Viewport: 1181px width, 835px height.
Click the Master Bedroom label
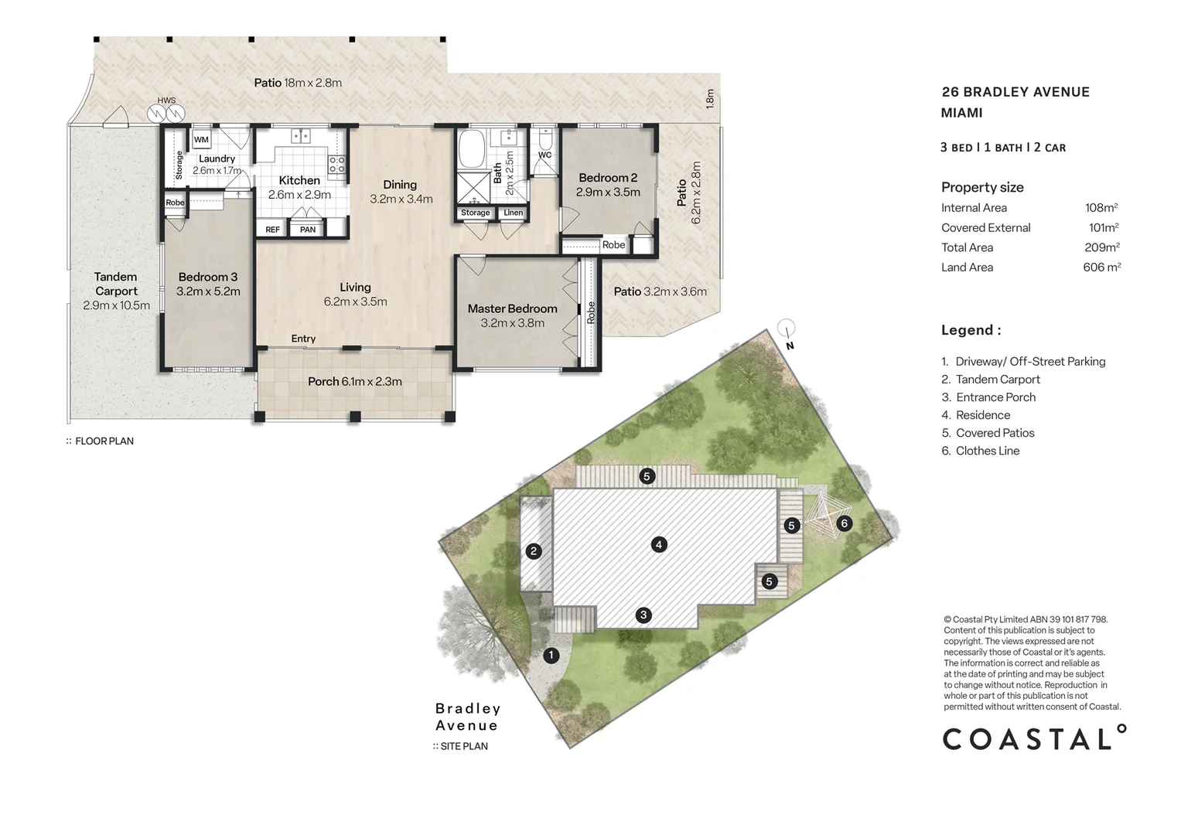(x=512, y=308)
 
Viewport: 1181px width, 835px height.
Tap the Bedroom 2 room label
(x=608, y=178)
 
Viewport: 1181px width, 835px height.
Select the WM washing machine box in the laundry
(x=201, y=140)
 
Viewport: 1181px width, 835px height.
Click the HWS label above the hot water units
(x=166, y=101)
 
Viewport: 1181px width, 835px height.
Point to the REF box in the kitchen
(x=272, y=230)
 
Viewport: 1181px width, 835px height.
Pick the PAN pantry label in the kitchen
(x=308, y=230)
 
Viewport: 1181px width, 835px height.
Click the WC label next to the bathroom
(x=544, y=155)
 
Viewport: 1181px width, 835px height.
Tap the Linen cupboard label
(x=514, y=213)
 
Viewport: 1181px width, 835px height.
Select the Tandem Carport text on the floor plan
(x=116, y=284)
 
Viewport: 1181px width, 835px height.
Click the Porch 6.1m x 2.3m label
(x=355, y=381)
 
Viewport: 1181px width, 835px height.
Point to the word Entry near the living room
(x=303, y=339)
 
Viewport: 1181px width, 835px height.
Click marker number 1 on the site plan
(x=551, y=656)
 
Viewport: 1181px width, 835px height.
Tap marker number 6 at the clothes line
(x=844, y=523)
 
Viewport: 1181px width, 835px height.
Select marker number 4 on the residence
(x=658, y=544)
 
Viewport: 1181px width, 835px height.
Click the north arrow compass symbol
(x=786, y=329)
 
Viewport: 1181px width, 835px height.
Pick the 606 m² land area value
(x=1101, y=268)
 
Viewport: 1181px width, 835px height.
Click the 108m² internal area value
(x=1101, y=208)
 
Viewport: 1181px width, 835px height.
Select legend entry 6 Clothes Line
(x=980, y=451)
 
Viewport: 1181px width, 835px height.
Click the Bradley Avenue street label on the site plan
(x=467, y=717)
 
